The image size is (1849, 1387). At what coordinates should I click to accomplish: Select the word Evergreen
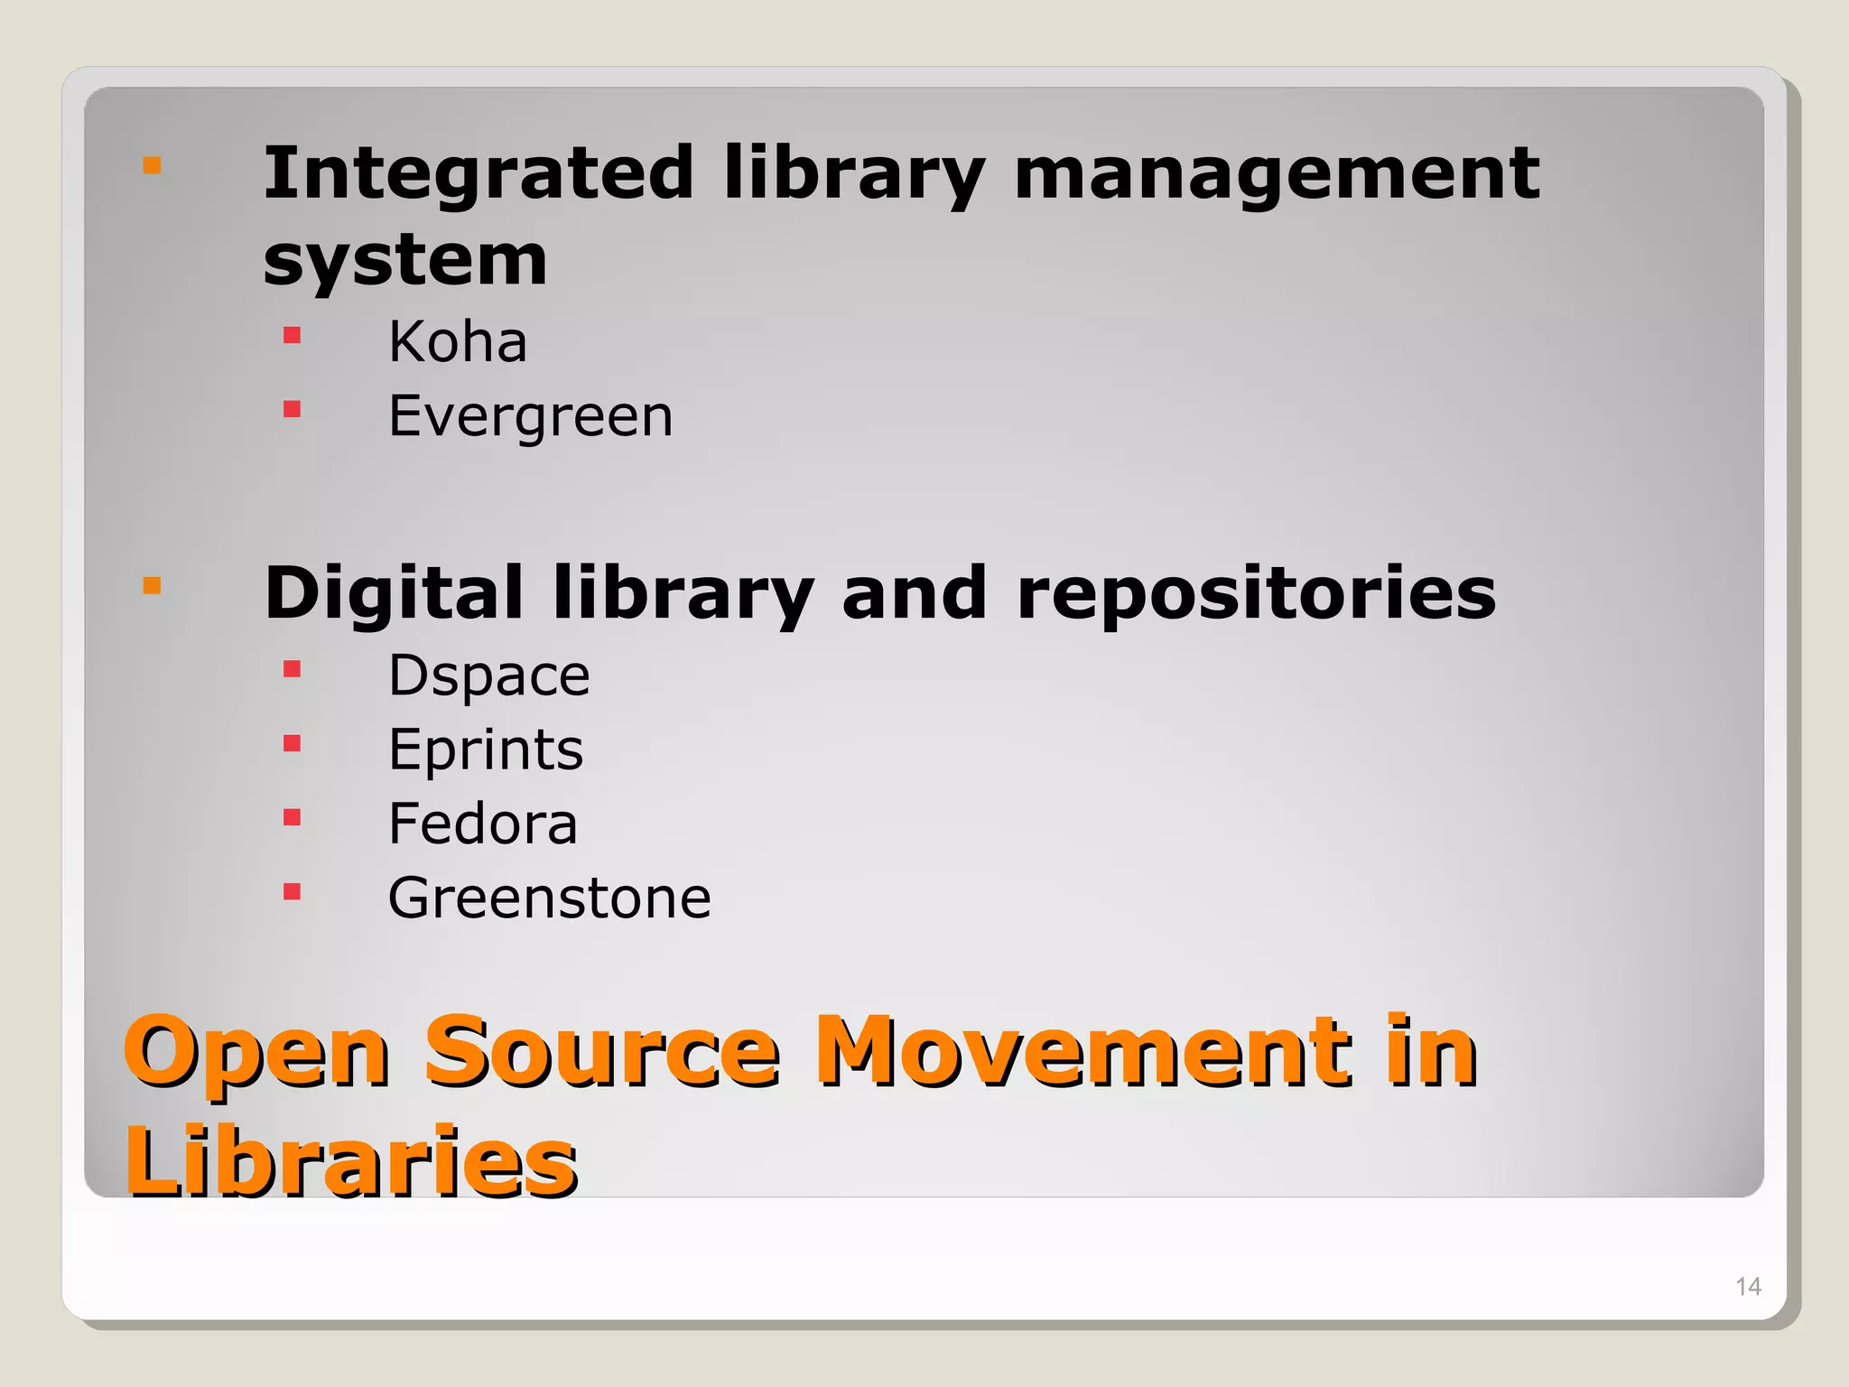tap(530, 416)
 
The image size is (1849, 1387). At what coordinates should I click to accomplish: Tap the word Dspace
tap(488, 675)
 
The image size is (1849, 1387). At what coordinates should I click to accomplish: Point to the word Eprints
tap(486, 750)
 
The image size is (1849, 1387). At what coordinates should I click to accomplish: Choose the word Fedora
tap(482, 824)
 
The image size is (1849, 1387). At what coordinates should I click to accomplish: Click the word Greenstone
tap(549, 898)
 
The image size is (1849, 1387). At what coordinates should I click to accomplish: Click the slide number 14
tap(1748, 1287)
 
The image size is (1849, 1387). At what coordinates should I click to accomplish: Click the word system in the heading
tap(405, 259)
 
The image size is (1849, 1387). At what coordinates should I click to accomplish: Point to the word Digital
tap(394, 593)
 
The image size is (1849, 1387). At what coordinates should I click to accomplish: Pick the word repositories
tap(1256, 595)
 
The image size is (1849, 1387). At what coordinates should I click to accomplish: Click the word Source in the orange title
tap(601, 1052)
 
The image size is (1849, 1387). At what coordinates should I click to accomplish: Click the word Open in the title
tap(256, 1054)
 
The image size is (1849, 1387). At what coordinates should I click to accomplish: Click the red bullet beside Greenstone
tap(292, 892)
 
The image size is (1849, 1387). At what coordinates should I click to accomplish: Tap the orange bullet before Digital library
tap(152, 586)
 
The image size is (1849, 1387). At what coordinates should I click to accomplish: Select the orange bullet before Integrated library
tap(152, 165)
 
